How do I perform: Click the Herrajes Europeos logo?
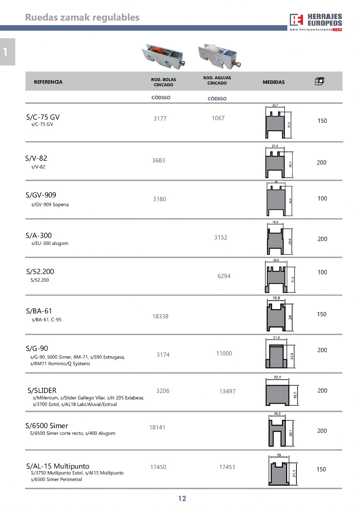[x=316, y=21]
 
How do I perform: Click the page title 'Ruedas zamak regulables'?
[x=82, y=17]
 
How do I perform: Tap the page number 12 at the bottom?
[x=182, y=498]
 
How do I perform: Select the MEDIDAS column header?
[x=273, y=82]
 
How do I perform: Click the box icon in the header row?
[x=319, y=81]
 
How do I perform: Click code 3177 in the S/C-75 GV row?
[x=160, y=119]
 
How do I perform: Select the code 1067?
[x=218, y=118]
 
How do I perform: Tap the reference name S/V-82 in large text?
[x=36, y=158]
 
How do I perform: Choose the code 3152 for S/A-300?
[x=221, y=237]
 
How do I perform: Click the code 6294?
[x=224, y=276]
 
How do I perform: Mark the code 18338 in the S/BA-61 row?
[x=160, y=316]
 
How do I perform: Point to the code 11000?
[x=224, y=354]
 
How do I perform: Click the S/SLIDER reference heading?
[x=42, y=390]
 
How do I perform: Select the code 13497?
[x=227, y=391]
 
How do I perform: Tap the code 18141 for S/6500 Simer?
[x=157, y=427]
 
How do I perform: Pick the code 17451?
[x=227, y=467]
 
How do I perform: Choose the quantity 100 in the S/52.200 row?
[x=322, y=272]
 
